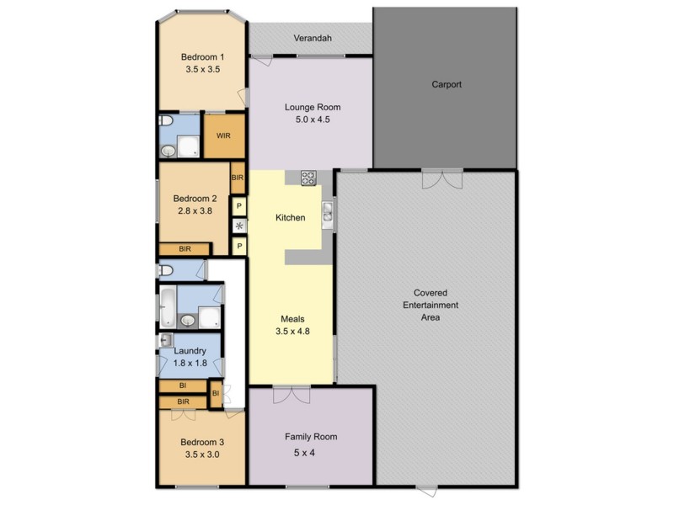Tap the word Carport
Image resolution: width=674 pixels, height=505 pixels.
tap(447, 85)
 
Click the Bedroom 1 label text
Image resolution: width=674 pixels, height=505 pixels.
tap(202, 57)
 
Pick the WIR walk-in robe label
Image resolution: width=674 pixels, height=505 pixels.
tap(224, 136)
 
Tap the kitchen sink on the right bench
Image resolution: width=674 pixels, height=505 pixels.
tap(328, 211)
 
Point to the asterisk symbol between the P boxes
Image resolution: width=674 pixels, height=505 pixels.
tap(239, 226)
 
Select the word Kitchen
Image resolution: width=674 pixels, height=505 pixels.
tap(291, 218)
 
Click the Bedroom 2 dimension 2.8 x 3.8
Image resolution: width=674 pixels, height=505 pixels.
tap(195, 212)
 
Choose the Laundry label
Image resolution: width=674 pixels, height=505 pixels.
tap(190, 350)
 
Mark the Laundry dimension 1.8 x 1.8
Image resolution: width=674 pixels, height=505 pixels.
tap(190, 363)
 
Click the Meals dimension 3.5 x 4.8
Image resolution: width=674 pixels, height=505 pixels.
tap(292, 332)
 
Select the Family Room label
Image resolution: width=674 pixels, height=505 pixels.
tap(310, 437)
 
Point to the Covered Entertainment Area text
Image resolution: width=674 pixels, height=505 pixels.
tap(430, 305)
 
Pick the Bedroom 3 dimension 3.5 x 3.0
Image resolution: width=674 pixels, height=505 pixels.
tap(201, 454)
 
